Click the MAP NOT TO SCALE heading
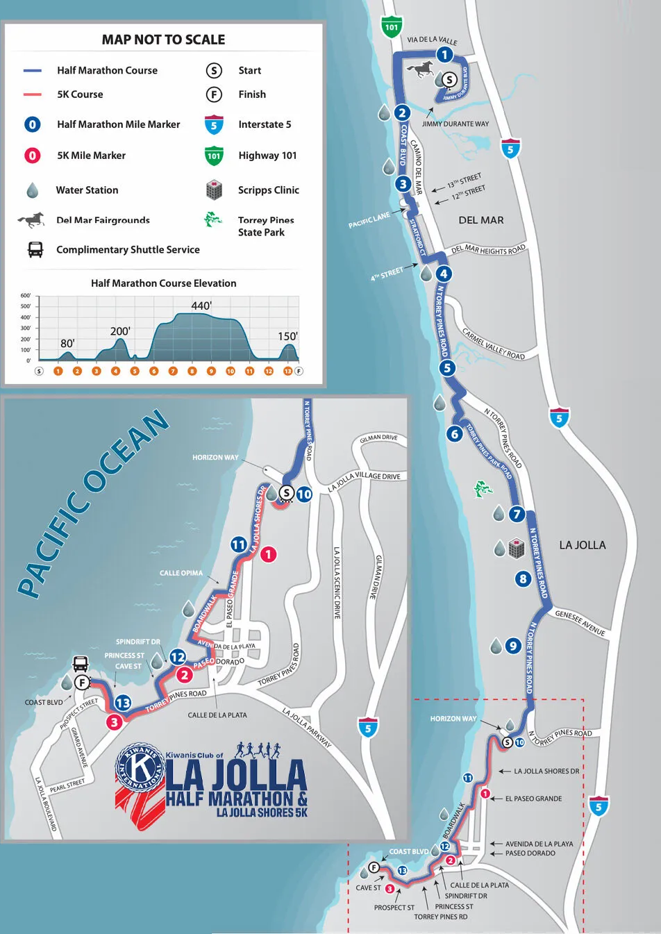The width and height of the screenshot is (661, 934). click(163, 40)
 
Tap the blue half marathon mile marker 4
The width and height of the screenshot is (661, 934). click(444, 274)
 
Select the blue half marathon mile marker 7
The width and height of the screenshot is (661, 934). click(516, 514)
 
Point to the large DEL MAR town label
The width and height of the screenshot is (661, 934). click(481, 220)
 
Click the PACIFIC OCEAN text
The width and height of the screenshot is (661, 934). click(94, 503)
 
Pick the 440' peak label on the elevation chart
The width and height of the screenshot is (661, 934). click(201, 306)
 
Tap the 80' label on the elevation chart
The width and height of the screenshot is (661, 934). click(67, 343)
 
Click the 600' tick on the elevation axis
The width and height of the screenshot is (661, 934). click(26, 295)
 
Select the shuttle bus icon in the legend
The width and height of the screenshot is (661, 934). click(35, 249)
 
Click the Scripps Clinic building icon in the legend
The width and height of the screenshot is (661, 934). click(214, 190)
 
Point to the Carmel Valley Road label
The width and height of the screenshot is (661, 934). click(494, 344)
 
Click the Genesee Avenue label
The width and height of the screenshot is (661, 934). click(580, 622)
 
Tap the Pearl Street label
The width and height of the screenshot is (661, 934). click(67, 785)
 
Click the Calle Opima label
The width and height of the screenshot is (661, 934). click(181, 573)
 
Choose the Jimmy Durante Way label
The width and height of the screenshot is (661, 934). click(455, 124)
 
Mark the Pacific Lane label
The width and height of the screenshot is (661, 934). click(369, 221)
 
